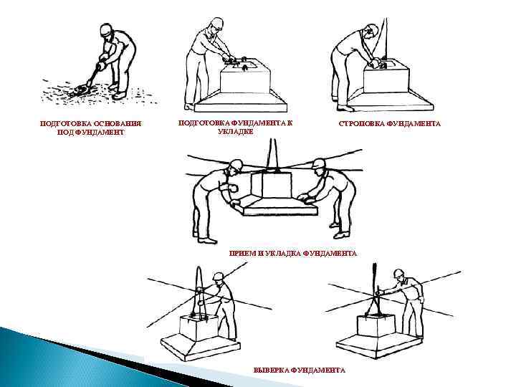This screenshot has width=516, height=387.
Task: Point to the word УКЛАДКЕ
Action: pyautogui.click(x=235, y=132)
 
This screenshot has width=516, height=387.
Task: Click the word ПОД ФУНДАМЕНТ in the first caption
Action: pyautogui.click(x=90, y=133)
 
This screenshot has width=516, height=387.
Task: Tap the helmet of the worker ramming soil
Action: pyautogui.click(x=107, y=29)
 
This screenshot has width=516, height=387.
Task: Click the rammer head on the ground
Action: pyautogui.click(x=80, y=90)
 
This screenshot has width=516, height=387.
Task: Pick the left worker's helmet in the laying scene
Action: pyautogui.click(x=236, y=165)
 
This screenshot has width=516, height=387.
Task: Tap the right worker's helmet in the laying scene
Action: pyautogui.click(x=318, y=164)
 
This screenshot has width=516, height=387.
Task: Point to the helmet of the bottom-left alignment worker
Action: pyautogui.click(x=218, y=276)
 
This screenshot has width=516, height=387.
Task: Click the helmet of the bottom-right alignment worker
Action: pyautogui.click(x=398, y=273)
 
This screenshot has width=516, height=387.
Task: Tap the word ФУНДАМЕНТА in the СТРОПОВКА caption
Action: pyautogui.click(x=414, y=124)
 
